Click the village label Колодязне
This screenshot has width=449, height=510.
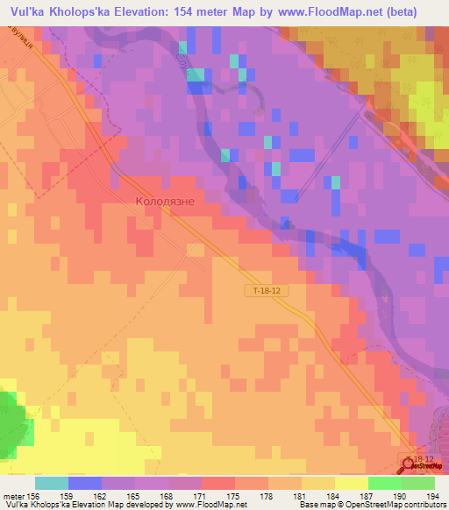click(x=170, y=201)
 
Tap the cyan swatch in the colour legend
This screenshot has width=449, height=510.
click(x=51, y=483)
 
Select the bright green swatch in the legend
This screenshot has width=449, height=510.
click(x=384, y=483)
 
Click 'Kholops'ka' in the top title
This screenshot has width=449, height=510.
click(x=76, y=11)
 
